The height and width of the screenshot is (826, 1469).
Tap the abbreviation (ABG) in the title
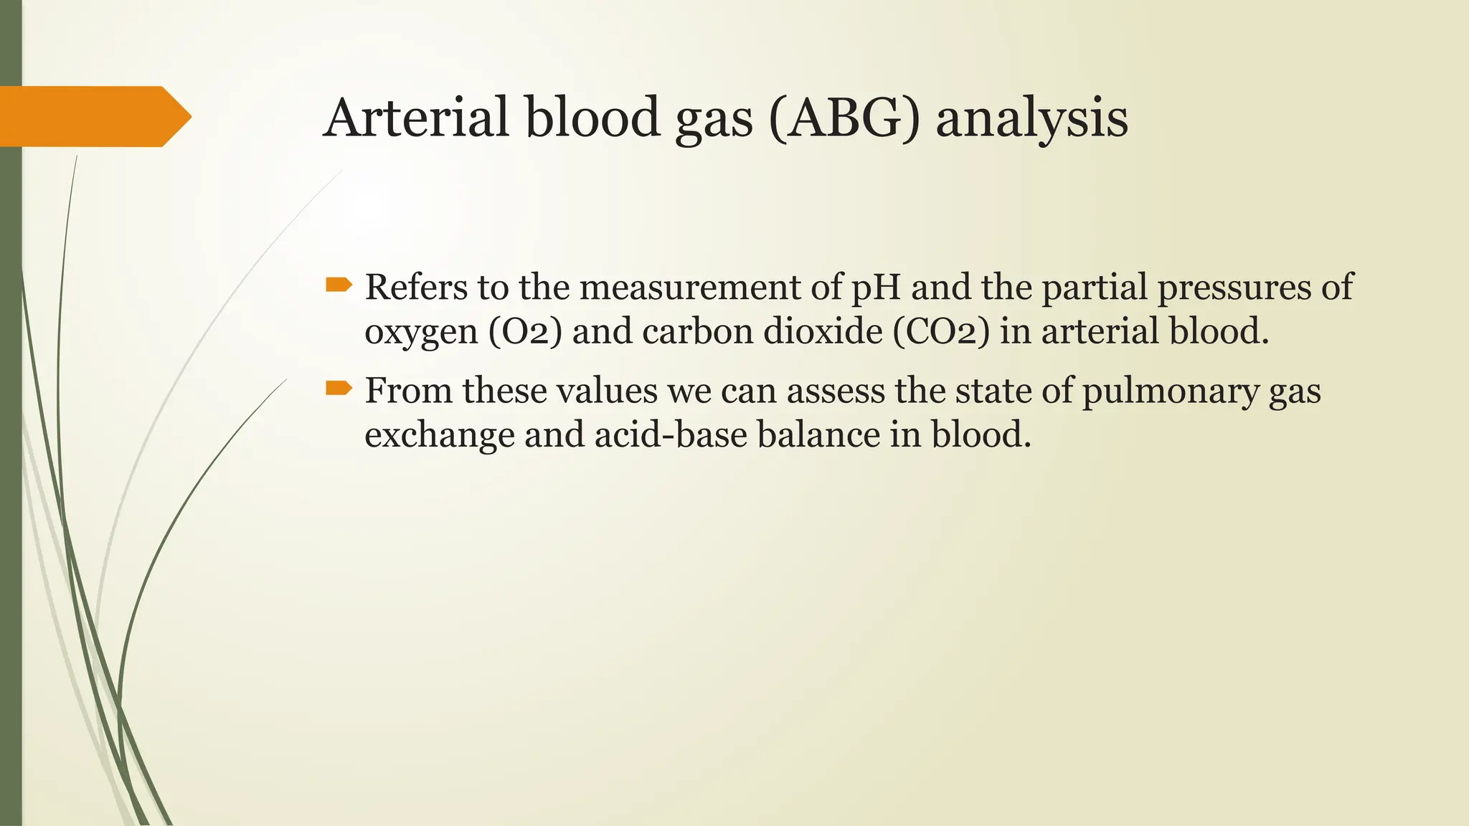pyautogui.click(x=844, y=119)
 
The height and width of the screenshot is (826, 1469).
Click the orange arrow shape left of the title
pyautogui.click(x=93, y=116)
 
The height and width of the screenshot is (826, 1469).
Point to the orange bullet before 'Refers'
pyautogui.click(x=339, y=285)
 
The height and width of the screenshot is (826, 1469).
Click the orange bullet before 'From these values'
pyautogui.click(x=339, y=389)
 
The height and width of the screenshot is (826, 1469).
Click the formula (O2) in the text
pyautogui.click(x=525, y=332)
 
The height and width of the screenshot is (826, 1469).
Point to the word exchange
pyautogui.click(x=439, y=435)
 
